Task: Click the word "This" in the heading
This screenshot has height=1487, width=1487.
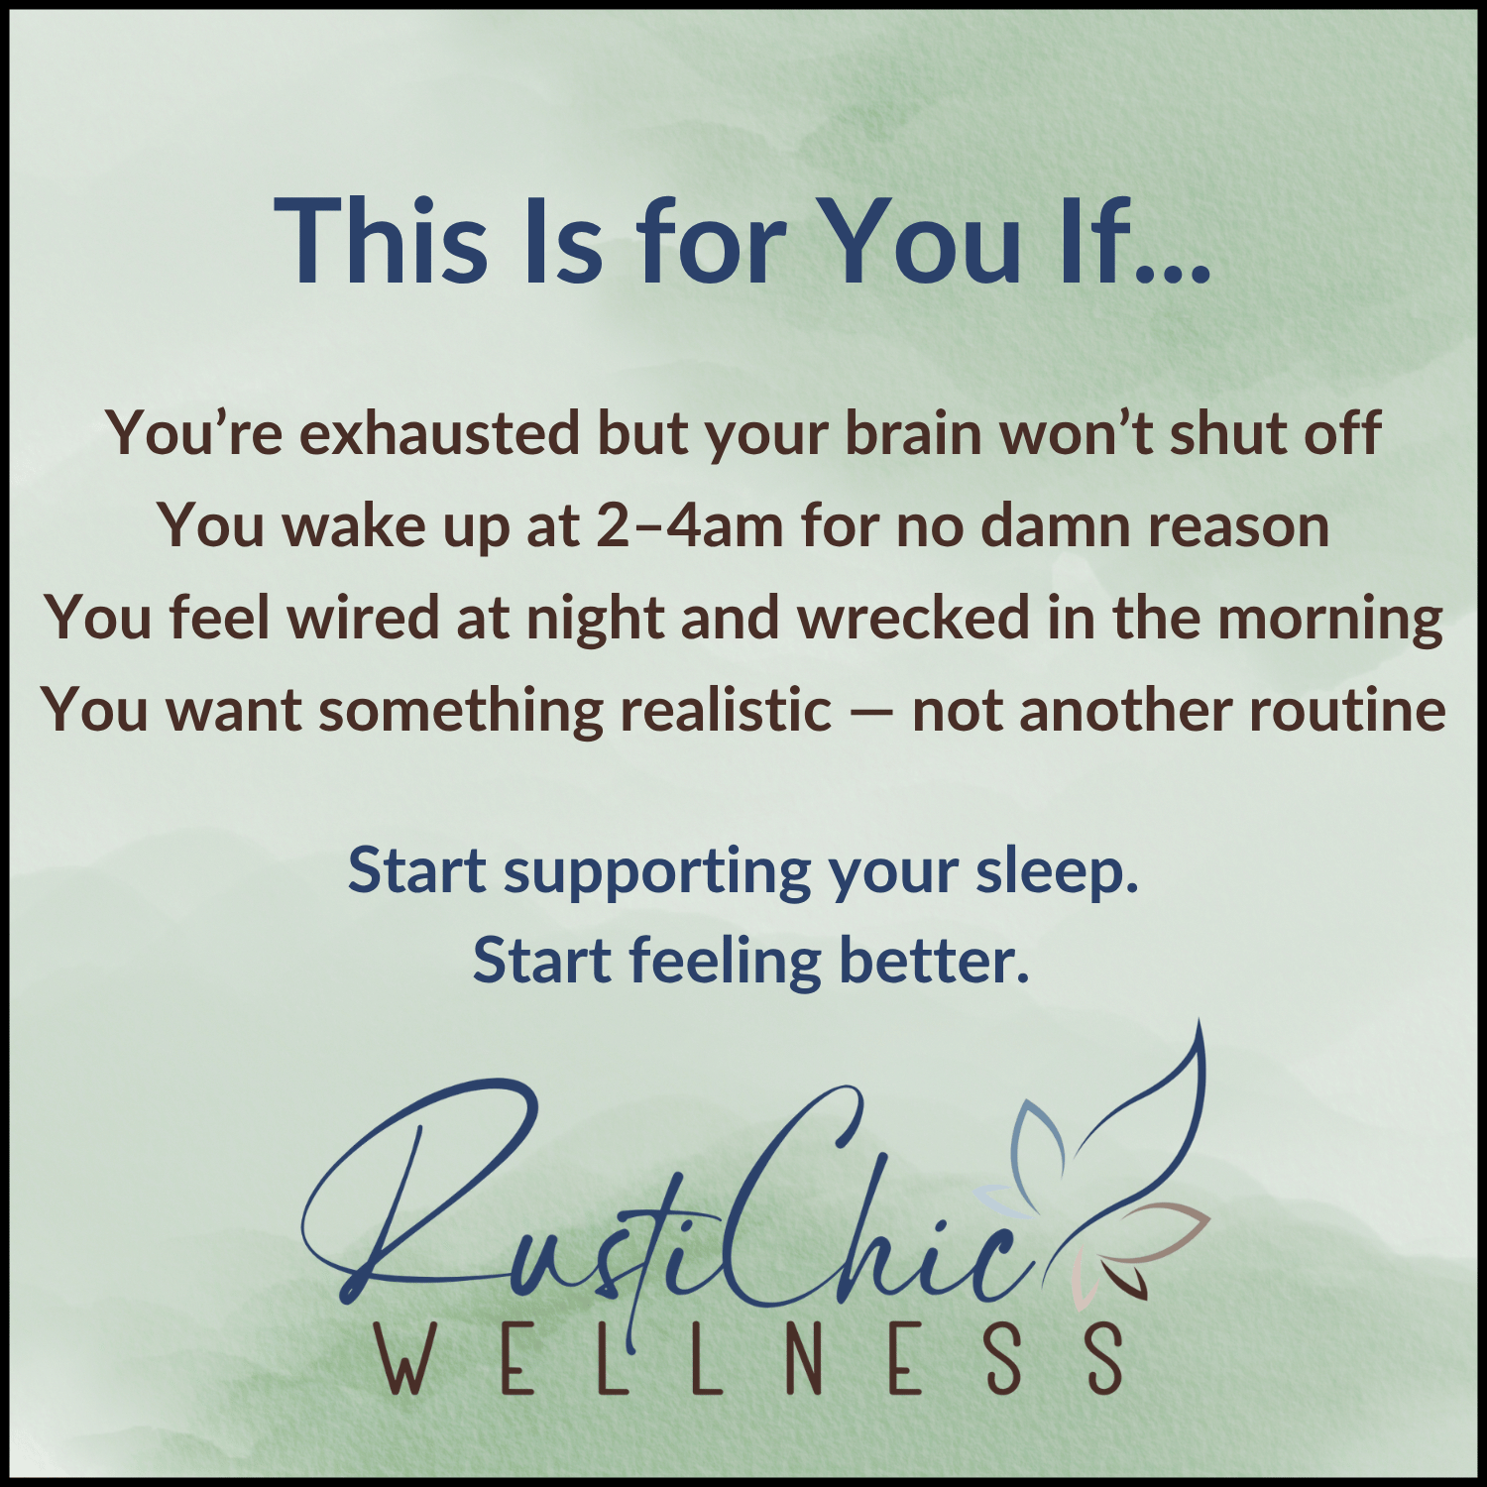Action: tap(381, 241)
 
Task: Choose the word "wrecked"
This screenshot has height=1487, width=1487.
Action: tap(914, 618)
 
